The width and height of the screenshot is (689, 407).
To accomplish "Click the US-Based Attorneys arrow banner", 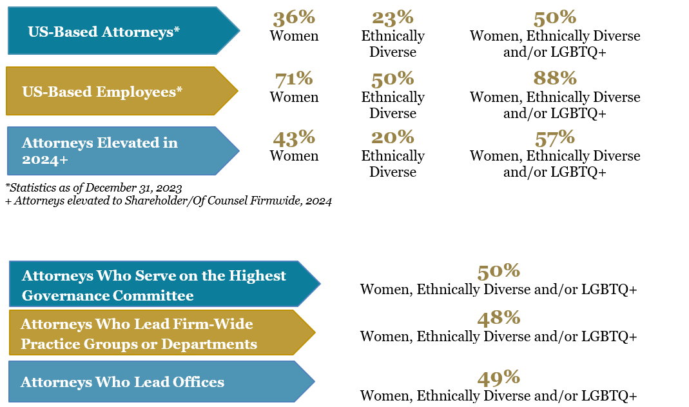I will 122,31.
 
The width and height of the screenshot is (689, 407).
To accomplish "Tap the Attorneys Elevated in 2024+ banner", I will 122,151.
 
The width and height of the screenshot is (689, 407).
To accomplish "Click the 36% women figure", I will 293,19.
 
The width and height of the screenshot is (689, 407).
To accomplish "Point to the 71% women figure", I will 293,79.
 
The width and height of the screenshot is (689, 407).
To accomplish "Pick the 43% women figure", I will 293,138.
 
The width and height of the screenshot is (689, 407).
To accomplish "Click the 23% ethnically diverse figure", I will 393,19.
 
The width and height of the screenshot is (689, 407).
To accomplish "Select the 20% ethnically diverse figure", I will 393,138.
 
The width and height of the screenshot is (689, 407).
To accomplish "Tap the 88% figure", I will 554,79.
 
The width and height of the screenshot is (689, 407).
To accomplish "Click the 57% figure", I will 554,138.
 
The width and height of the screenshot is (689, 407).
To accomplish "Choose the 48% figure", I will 498,318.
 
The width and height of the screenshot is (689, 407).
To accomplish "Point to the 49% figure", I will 498,378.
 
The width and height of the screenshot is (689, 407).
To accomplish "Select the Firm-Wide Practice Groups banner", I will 161,333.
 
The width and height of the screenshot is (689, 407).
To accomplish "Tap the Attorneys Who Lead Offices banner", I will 160,382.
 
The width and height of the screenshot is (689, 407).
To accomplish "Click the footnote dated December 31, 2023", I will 93,188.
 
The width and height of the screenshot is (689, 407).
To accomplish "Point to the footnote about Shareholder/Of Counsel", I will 168,201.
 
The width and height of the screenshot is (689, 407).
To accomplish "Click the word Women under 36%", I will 294,36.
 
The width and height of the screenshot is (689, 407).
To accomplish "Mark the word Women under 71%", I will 294,97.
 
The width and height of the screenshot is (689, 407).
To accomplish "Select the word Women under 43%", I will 294,156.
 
